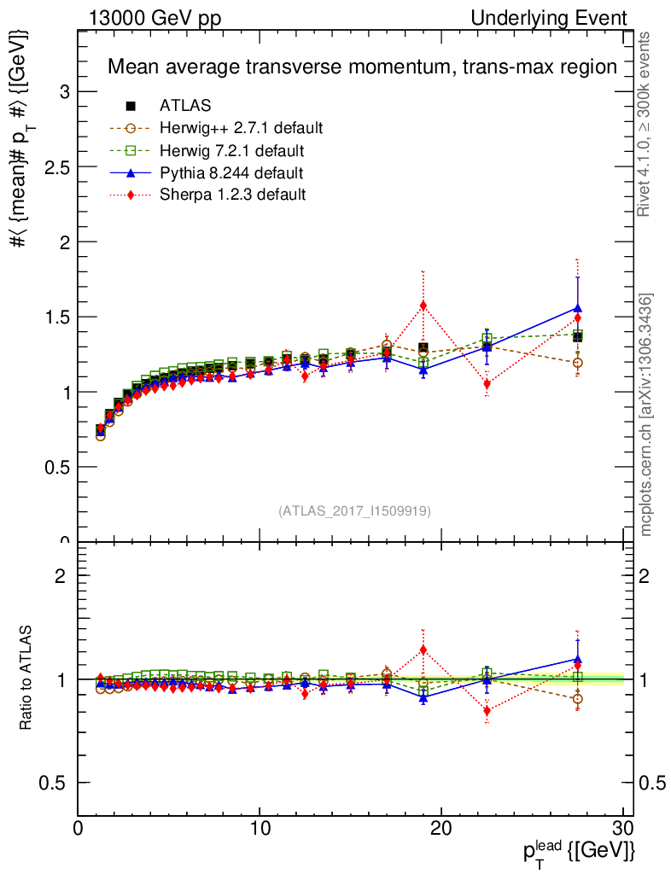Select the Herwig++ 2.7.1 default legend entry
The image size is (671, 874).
point(240,128)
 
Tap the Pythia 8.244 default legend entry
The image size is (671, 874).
point(231,172)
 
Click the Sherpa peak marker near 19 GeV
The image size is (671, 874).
point(423,305)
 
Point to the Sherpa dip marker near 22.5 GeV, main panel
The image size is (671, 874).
point(487,384)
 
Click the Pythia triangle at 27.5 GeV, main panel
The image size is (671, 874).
point(578,308)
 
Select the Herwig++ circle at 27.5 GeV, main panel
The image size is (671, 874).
point(578,363)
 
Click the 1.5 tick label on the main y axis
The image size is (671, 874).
point(54,317)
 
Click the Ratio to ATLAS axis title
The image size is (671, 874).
point(28,679)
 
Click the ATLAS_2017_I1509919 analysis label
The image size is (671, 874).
point(354,511)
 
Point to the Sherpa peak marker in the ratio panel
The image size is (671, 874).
point(423,650)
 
